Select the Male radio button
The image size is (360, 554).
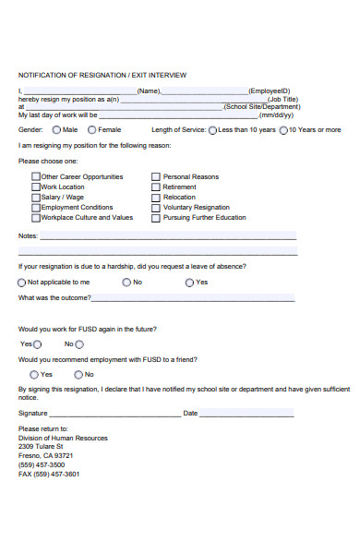(56, 130)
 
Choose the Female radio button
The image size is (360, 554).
(91, 130)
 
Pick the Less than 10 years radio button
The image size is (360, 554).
(212, 130)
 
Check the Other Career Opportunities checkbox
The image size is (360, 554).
(36, 176)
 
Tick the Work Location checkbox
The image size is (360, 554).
(36, 187)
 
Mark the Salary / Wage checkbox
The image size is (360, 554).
(36, 197)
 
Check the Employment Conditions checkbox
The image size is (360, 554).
(36, 207)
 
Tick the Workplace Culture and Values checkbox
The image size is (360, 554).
(36, 217)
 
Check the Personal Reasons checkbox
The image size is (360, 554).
(155, 176)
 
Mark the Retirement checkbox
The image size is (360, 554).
(155, 187)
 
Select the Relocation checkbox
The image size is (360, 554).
(155, 197)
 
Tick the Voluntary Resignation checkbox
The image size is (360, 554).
(155, 207)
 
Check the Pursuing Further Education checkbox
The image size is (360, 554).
(155, 217)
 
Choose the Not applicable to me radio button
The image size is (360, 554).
(22, 282)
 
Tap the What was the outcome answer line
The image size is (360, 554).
(193, 299)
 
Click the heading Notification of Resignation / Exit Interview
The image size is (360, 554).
(102, 75)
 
